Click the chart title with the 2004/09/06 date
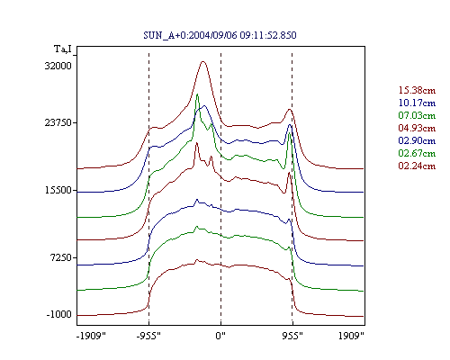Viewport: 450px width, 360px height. (220, 35)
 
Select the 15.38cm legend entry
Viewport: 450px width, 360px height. (417, 90)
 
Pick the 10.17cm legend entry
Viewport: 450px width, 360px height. (417, 103)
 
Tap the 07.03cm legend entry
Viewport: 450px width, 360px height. (417, 115)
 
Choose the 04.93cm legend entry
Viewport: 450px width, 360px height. (417, 128)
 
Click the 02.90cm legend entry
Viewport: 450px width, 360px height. (417, 140)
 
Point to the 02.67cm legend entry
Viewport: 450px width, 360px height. (417, 153)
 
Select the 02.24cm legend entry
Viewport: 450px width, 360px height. (417, 166)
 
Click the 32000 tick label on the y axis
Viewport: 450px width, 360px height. (58, 66)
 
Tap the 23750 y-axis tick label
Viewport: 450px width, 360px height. (58, 122)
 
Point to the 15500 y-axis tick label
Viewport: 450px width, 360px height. (58, 190)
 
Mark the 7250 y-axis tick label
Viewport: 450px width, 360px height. (60, 257)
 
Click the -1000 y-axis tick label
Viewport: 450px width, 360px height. (59, 315)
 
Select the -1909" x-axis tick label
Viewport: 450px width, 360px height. (91, 336)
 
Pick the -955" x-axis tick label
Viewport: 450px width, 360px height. (148, 336)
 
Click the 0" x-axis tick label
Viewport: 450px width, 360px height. (220, 336)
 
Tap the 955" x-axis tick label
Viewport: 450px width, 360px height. (292, 336)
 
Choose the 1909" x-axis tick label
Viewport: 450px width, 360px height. (351, 336)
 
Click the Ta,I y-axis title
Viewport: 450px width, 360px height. (63, 49)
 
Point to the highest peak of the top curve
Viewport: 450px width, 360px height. (203, 61)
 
